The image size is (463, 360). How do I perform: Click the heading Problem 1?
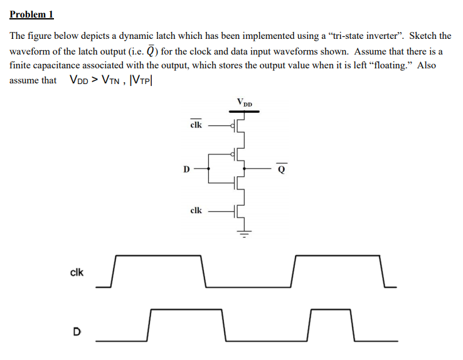(31, 14)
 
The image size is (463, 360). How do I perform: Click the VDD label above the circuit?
(245, 102)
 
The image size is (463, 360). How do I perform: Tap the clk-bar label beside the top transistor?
(196, 125)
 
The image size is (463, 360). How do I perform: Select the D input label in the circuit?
(186, 169)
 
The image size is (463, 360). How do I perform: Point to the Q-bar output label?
(282, 168)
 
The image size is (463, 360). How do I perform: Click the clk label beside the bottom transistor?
(196, 211)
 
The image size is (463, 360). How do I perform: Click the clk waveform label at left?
(77, 272)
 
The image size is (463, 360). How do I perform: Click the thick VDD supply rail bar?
(245, 110)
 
